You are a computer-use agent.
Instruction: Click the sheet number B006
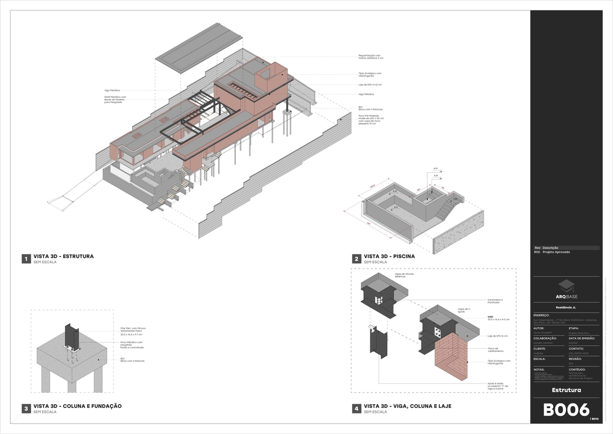(566, 410)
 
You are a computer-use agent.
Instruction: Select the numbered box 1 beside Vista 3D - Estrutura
(26, 259)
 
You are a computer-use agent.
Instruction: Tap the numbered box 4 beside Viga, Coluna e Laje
(356, 408)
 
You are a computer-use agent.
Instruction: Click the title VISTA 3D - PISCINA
(389, 257)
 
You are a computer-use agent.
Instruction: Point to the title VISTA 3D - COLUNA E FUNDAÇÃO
(77, 406)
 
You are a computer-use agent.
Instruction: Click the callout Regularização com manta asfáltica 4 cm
(371, 57)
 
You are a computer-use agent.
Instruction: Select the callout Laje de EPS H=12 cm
(370, 84)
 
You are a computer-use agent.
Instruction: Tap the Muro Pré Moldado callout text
(371, 119)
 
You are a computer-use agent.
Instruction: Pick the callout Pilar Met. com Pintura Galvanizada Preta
(131, 330)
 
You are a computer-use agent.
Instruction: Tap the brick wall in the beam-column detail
(450, 359)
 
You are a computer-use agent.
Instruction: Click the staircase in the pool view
(446, 209)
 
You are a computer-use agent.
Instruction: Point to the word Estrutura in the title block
(566, 390)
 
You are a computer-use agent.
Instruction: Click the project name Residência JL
(566, 307)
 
